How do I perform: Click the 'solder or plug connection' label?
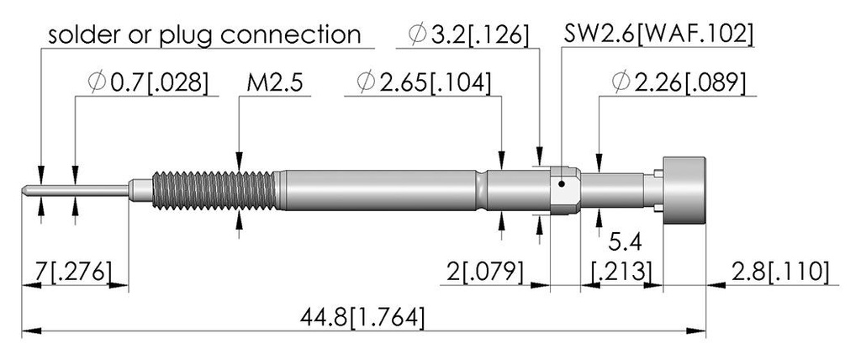click(204, 35)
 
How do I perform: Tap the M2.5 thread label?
click(275, 83)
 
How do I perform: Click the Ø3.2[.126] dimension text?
click(468, 35)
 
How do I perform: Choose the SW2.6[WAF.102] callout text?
click(658, 35)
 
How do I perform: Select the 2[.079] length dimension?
click(484, 272)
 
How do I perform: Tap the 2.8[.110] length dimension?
click(779, 272)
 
